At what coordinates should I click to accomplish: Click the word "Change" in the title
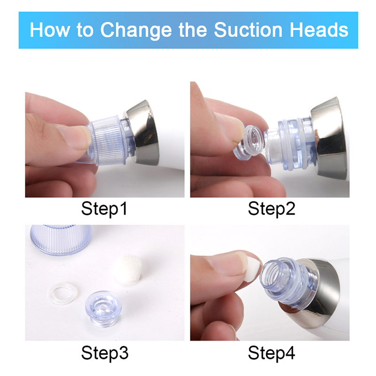[x=136, y=30]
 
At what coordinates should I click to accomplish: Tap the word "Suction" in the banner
[x=248, y=30]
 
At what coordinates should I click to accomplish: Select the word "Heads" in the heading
[x=319, y=30]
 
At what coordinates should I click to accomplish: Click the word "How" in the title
[x=50, y=30]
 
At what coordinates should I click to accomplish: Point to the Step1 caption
[x=104, y=209]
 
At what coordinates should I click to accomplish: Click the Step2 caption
[x=271, y=209]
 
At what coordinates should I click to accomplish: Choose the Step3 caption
[x=104, y=353]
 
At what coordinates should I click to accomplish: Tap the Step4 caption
[x=271, y=353]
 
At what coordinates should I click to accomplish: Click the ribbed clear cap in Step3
[x=61, y=239]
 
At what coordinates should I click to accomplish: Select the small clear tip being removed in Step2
[x=249, y=142]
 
